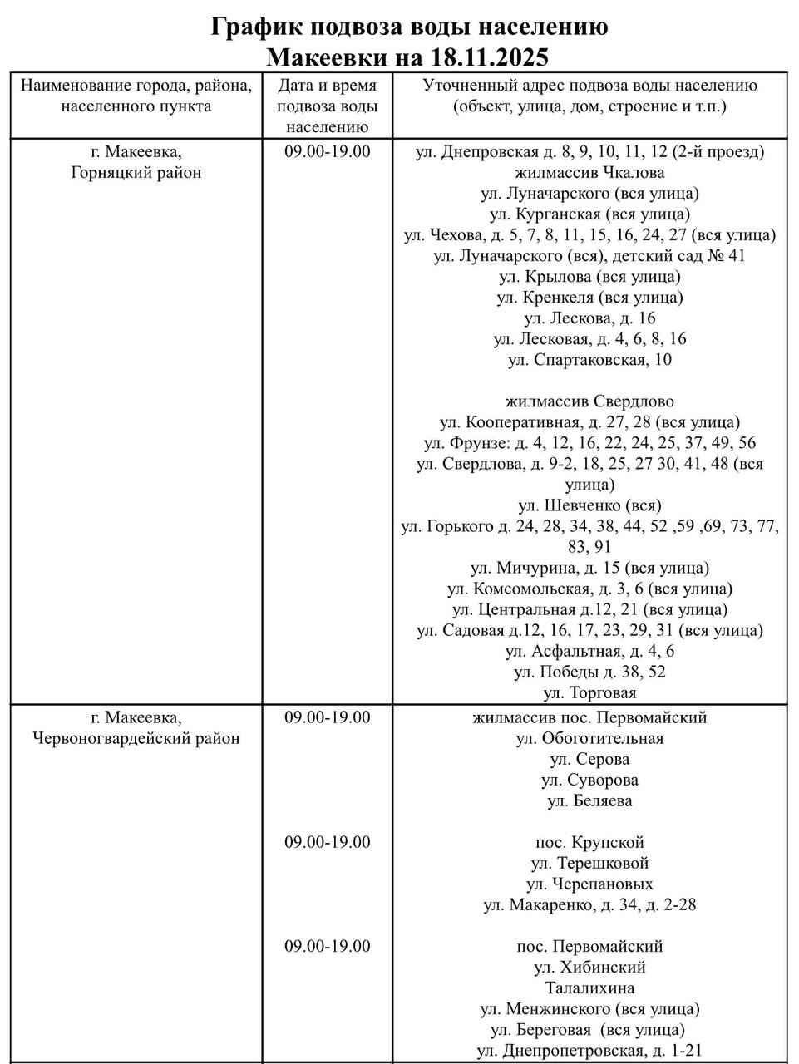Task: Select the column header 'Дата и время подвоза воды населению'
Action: click(x=327, y=106)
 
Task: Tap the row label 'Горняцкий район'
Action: click(x=136, y=173)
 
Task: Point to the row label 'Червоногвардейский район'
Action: click(x=136, y=738)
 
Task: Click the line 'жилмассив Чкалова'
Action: click(x=589, y=173)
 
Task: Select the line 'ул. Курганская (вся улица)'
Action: click(x=589, y=214)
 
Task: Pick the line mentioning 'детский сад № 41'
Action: click(x=589, y=256)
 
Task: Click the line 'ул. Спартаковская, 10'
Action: click(x=589, y=360)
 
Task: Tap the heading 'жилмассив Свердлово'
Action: click(x=589, y=401)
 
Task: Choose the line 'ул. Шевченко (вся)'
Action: click(x=589, y=505)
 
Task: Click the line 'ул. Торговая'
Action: click(x=589, y=692)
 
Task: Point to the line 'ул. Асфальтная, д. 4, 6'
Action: click(x=589, y=651)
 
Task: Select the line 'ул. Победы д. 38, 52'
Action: click(x=589, y=672)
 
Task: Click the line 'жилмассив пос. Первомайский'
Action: click(x=589, y=717)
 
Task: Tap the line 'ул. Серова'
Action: click(x=589, y=759)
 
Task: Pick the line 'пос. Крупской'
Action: click(x=589, y=842)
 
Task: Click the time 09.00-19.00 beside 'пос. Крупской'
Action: click(x=327, y=842)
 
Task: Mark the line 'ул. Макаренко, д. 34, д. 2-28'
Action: click(x=589, y=904)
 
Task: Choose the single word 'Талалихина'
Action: click(x=589, y=988)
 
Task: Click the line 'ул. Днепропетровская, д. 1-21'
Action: click(x=589, y=1051)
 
